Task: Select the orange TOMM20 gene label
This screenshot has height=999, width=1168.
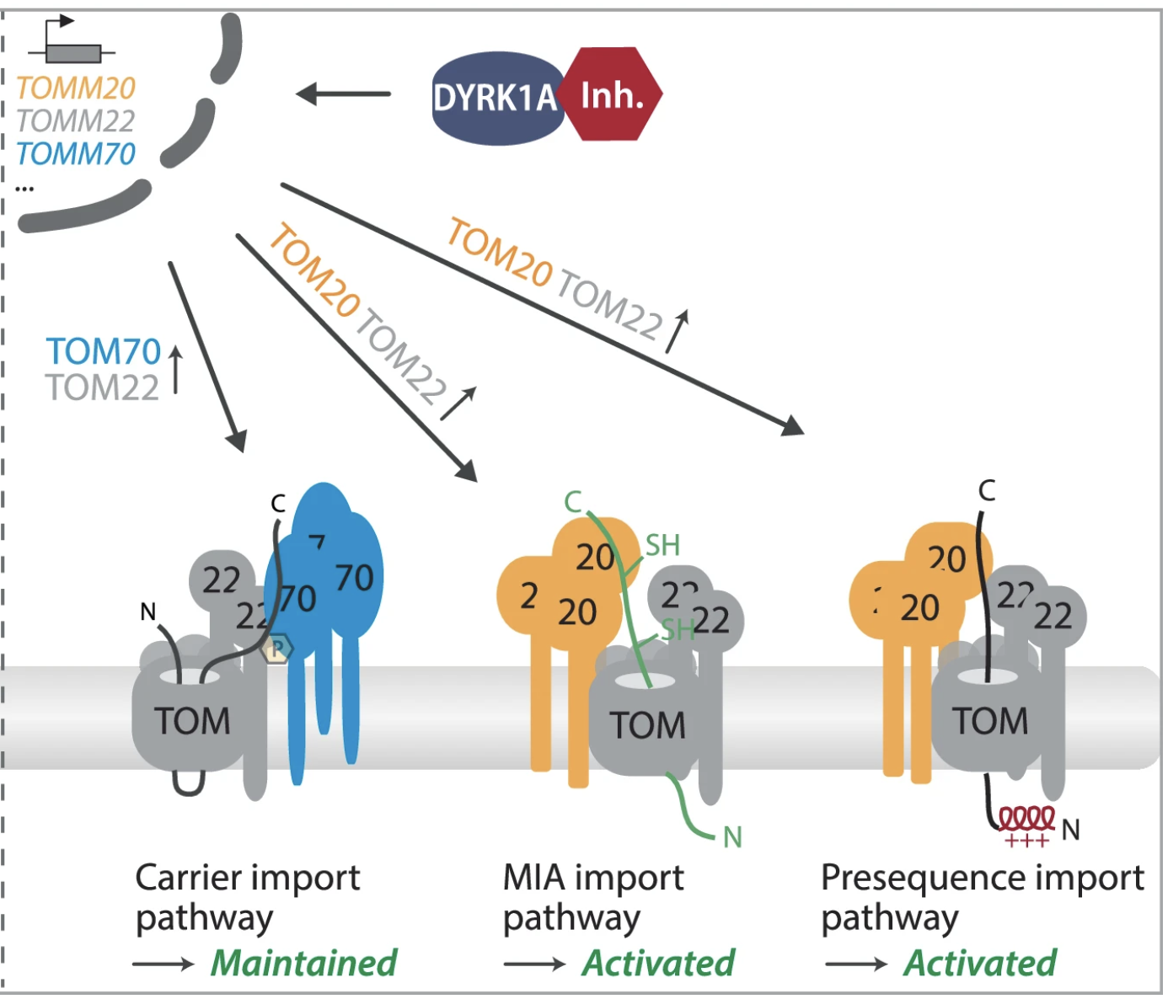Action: pos(76,88)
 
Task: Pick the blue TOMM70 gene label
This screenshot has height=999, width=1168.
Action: pos(76,154)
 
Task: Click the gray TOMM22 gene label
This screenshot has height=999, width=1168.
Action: pos(76,121)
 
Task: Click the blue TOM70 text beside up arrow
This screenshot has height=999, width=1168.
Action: pos(103,351)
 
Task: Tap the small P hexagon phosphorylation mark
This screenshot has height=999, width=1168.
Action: pos(276,649)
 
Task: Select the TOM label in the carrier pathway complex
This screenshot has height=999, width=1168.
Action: pos(192,722)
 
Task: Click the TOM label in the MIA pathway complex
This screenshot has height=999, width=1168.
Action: pos(648,726)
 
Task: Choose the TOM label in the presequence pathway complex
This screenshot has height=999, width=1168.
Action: pos(990,722)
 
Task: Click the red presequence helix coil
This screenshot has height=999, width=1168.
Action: pos(1026,818)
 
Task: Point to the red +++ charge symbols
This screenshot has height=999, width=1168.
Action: pos(1026,841)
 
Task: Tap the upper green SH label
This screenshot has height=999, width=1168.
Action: pos(662,546)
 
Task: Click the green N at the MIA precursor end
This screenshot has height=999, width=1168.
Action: pos(732,837)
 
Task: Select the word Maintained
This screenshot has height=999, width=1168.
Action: pos(303,963)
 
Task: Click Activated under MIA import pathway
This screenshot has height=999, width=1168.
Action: pos(658,963)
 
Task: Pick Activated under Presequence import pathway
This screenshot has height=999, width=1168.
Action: pos(980,963)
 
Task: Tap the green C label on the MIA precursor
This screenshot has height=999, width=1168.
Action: pos(573,502)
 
